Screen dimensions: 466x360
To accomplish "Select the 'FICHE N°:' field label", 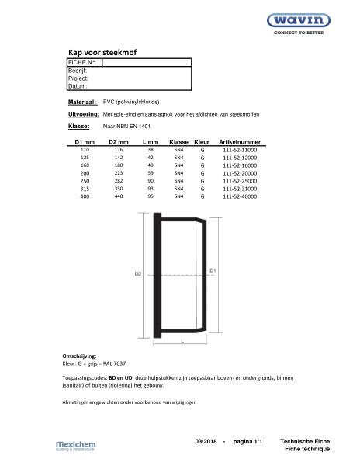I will [x=82, y=62].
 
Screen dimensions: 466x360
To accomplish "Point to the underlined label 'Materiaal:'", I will [x=81, y=102].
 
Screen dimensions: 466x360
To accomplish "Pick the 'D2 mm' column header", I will [x=118, y=142].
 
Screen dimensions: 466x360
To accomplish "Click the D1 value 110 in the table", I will [x=85, y=149].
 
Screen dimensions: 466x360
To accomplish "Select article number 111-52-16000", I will [x=239, y=165].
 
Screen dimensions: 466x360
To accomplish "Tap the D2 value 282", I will [x=118, y=181].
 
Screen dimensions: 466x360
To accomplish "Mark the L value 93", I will [x=150, y=189].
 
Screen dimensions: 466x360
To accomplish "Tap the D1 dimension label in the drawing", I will [x=213, y=270].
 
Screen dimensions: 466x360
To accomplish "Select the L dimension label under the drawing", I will [x=181, y=340].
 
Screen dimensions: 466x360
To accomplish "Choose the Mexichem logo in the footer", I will [x=75, y=445].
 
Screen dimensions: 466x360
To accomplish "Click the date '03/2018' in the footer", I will [x=209, y=441].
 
